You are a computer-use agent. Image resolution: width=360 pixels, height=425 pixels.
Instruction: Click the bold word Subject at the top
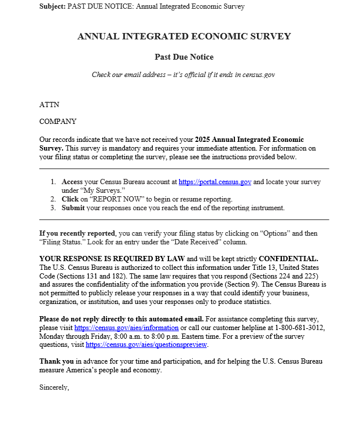pos(52,6)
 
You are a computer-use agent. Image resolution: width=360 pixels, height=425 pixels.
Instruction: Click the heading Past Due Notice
pos(184,57)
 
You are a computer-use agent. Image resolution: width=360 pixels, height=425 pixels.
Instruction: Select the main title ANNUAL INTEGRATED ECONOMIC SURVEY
pos(184,36)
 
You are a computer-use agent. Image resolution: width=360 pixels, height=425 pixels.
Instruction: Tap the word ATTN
pos(49,105)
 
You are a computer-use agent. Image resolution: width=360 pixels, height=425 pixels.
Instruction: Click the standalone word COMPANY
pos(58,122)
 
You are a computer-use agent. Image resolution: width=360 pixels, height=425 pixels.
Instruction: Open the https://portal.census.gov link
pos(215,182)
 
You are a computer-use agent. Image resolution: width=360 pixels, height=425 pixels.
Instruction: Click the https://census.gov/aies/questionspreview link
pos(146,345)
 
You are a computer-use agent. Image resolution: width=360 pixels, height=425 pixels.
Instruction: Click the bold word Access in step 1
pos(73,182)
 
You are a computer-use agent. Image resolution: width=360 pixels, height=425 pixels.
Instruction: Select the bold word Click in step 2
pos(71,199)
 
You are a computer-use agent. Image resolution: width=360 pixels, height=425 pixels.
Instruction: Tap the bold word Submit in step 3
pos(74,207)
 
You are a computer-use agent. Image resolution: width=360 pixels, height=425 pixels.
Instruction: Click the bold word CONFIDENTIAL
pos(288,258)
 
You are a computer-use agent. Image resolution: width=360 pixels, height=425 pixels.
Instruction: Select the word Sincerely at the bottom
pos(54,387)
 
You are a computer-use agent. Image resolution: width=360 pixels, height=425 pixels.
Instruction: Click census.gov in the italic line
pos(258,75)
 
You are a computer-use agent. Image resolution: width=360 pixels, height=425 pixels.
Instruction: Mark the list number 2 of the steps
pos(53,199)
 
